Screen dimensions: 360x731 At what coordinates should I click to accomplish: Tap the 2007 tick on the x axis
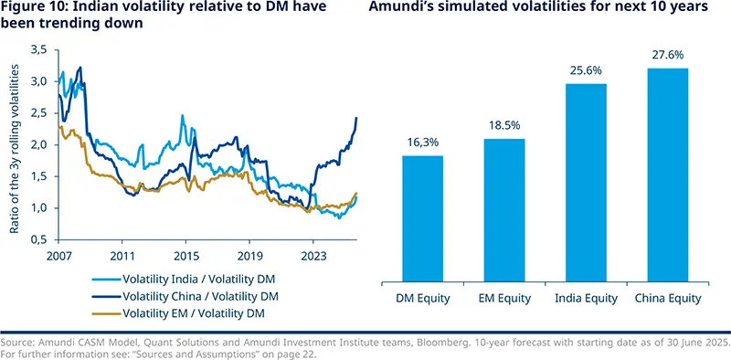pos(58,257)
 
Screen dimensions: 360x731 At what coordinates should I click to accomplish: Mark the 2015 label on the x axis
pos(186,257)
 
